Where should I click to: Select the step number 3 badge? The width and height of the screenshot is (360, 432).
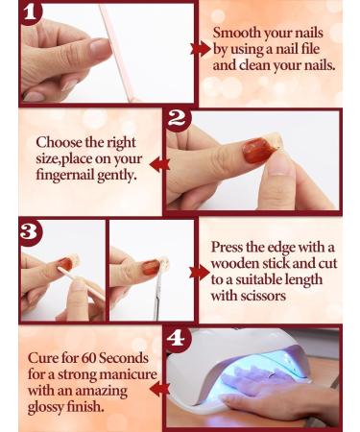[30, 232]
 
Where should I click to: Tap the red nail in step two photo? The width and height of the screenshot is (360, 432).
[254, 151]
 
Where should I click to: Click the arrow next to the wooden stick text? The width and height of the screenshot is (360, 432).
[200, 272]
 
